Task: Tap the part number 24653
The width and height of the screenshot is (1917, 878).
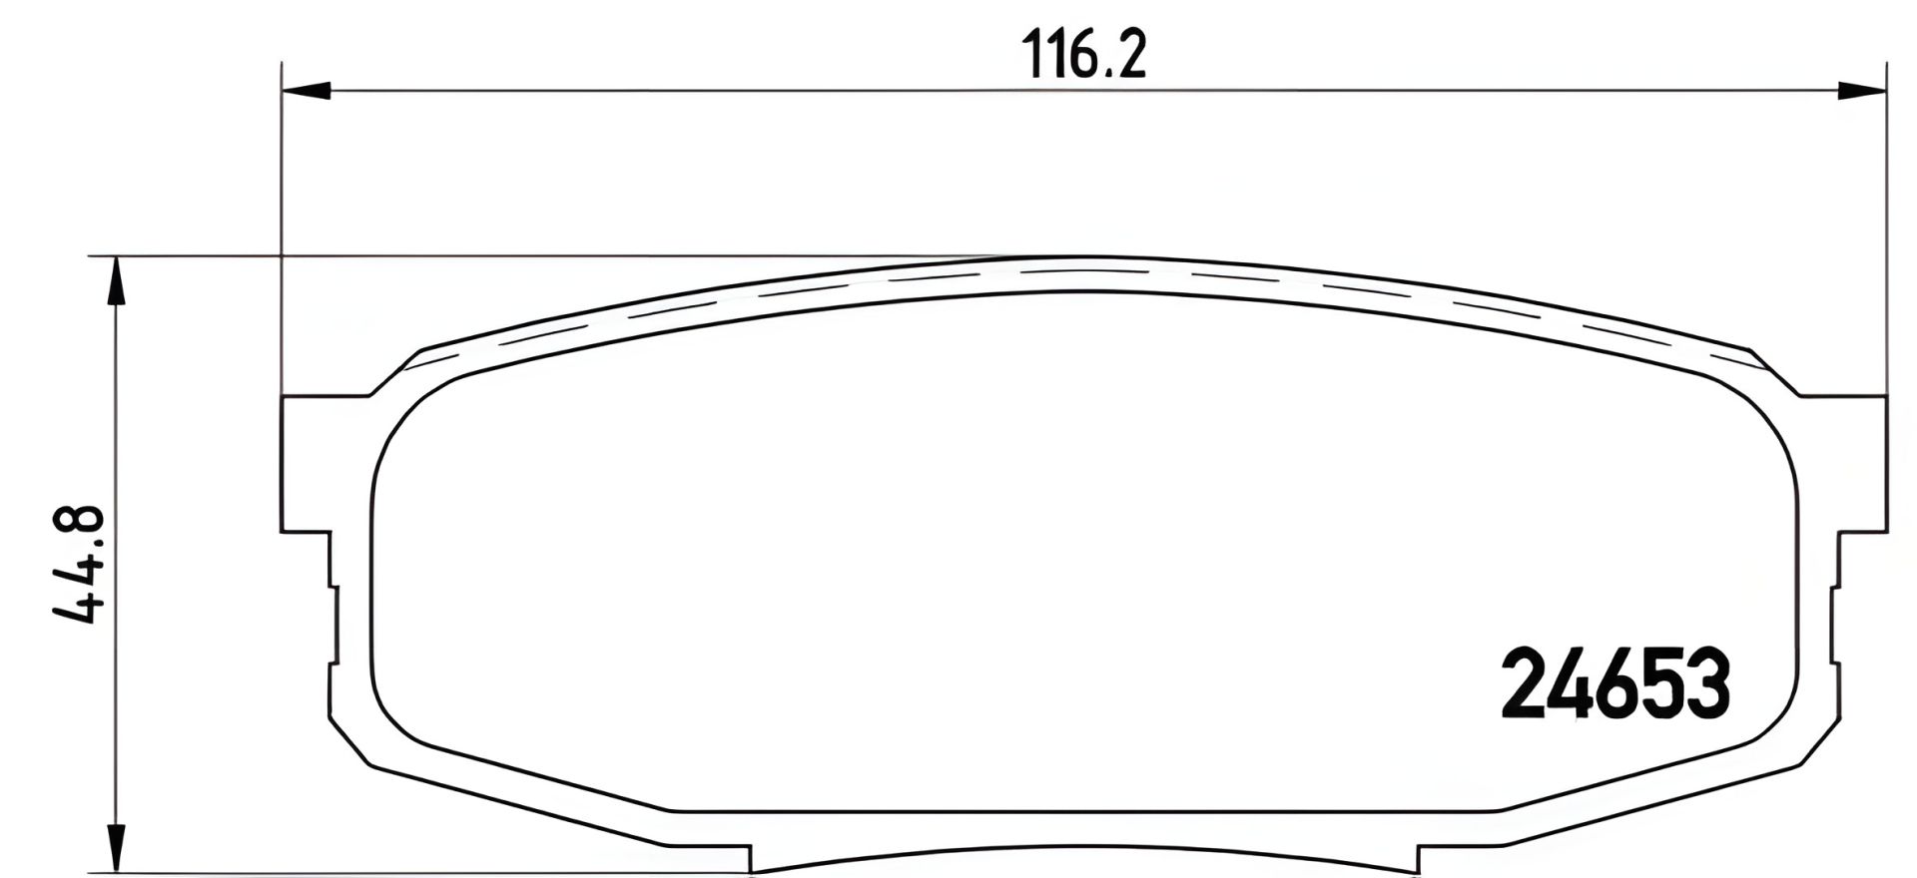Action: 1614,684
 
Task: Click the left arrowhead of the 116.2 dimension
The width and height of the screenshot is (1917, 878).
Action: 306,91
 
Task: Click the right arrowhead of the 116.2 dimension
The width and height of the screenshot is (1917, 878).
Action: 1862,91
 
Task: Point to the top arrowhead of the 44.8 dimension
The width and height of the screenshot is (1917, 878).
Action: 117,280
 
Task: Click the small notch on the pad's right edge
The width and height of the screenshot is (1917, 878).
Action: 1834,625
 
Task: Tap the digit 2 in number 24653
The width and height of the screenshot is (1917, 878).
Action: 1525,684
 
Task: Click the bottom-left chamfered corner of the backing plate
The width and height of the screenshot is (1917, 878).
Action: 349,743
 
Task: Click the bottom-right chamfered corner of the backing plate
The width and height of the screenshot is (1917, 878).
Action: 1819,743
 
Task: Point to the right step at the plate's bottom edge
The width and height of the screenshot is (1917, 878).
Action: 1418,858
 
